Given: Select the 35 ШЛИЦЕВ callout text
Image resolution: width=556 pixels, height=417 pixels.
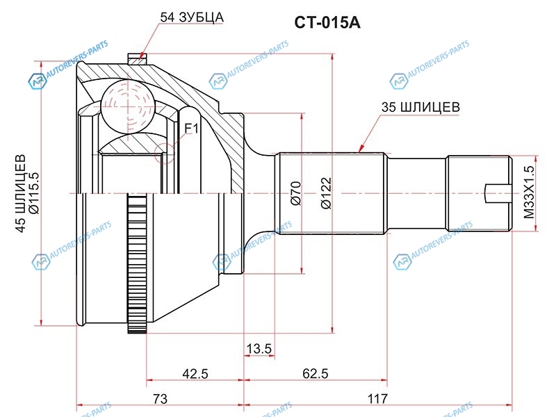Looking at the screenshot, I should (x=420, y=107).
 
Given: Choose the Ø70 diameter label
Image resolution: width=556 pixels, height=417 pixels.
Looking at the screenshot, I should (x=295, y=193).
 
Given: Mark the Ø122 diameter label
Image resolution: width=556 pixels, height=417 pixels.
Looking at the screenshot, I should (x=325, y=193).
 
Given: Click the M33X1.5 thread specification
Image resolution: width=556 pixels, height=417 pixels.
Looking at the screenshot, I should (x=530, y=193).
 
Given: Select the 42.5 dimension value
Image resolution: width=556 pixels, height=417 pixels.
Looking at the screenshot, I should (x=195, y=374).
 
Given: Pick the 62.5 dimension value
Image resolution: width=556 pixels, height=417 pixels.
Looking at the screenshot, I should (x=315, y=374).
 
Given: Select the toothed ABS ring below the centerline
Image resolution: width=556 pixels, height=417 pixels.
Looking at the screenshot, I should (x=136, y=264).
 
